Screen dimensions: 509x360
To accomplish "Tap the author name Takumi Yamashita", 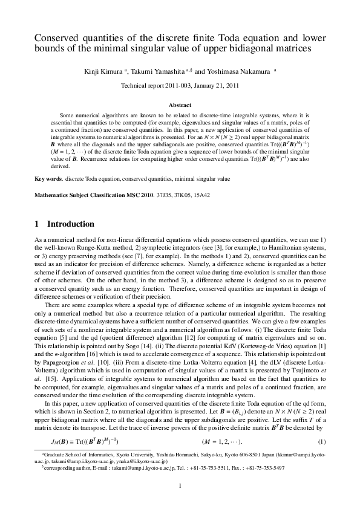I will click(x=162, y=71).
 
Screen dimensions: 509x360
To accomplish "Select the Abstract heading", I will click(x=180, y=105).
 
